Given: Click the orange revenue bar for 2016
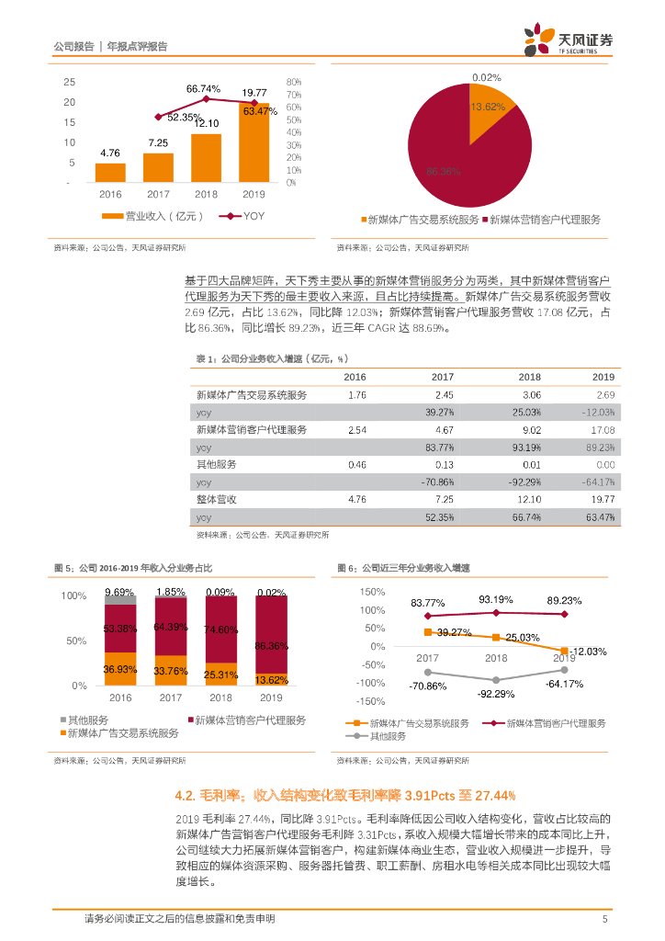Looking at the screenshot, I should point(110,173).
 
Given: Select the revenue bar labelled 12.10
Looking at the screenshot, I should point(206,158).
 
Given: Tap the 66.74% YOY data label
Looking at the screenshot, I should point(204,89).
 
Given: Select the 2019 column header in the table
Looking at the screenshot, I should point(603,377).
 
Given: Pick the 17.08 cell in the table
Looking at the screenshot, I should point(603,429).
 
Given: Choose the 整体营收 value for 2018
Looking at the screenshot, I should point(529,499).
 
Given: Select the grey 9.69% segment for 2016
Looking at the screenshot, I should point(120,599).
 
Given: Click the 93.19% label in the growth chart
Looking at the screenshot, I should point(497,600).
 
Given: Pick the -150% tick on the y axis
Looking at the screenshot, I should point(371,701).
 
